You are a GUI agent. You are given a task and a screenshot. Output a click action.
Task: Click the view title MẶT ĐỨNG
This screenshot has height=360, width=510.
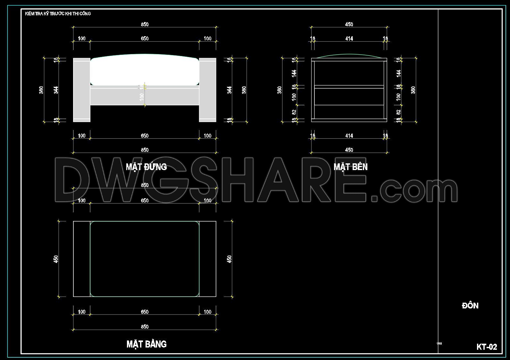coord(146,167)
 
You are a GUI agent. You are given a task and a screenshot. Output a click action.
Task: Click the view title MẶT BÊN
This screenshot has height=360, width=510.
coord(350,167)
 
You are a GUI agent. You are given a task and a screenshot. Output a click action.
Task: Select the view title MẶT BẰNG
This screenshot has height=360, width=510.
coord(146,344)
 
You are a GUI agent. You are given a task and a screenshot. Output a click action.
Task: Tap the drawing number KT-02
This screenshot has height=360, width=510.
coord(486,347)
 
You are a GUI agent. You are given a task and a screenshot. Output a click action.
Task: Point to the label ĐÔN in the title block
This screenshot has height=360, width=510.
coord(470,306)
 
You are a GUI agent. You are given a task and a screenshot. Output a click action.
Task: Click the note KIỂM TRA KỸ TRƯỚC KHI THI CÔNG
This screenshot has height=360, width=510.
coord(58,13)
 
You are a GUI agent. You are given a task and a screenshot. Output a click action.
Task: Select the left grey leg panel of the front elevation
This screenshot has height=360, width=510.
coord(81,90)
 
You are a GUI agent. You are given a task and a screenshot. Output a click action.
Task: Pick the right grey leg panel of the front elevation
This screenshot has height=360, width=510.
coord(207,90)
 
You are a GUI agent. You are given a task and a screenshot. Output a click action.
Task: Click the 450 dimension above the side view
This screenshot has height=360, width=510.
coord(349,24)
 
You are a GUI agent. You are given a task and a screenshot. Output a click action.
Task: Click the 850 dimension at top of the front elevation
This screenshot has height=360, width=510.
coord(145,24)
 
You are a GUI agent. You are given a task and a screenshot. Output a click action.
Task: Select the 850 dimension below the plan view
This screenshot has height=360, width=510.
coord(145,327)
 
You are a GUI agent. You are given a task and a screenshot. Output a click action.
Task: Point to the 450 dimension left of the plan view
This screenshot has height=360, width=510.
coord(56,259)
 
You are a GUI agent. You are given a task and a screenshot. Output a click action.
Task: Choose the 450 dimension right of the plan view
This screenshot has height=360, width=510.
coord(229,259)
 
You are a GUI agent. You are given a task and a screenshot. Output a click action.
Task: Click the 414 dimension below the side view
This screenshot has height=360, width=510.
coord(349,136)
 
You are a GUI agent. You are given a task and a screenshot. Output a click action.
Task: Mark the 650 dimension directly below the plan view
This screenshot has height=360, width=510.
coord(145,312)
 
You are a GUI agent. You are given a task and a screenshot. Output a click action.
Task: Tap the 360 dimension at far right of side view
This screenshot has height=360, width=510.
coord(413,90)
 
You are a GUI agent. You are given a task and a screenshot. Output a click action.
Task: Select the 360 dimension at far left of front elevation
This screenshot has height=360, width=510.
coord(41,90)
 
